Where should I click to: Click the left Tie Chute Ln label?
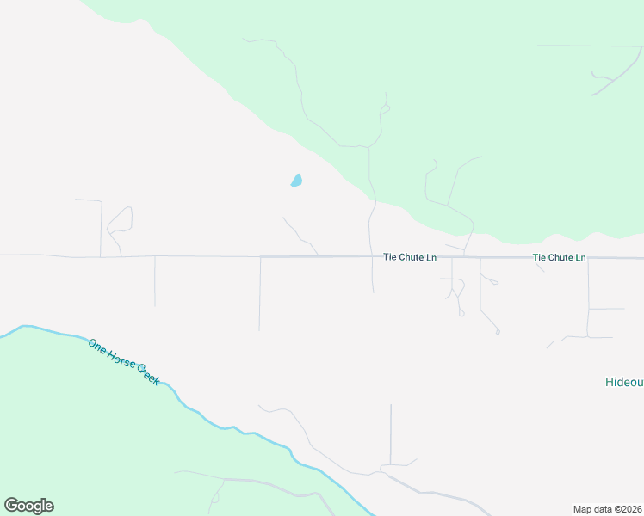[410, 257]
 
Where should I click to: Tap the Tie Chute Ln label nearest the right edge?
[559, 257]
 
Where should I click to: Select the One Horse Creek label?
[123, 361]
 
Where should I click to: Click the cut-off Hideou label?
[623, 381]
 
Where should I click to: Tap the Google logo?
[28, 506]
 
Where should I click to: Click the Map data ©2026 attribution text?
[607, 508]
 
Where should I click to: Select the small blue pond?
[296, 181]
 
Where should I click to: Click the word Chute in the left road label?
[412, 257]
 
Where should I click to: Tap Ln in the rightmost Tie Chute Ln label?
[579, 257]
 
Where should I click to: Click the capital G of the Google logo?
[12, 506]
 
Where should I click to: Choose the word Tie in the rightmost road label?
[539, 257]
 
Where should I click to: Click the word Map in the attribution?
[583, 508]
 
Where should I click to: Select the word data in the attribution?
[603, 508]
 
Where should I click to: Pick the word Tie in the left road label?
[390, 257]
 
